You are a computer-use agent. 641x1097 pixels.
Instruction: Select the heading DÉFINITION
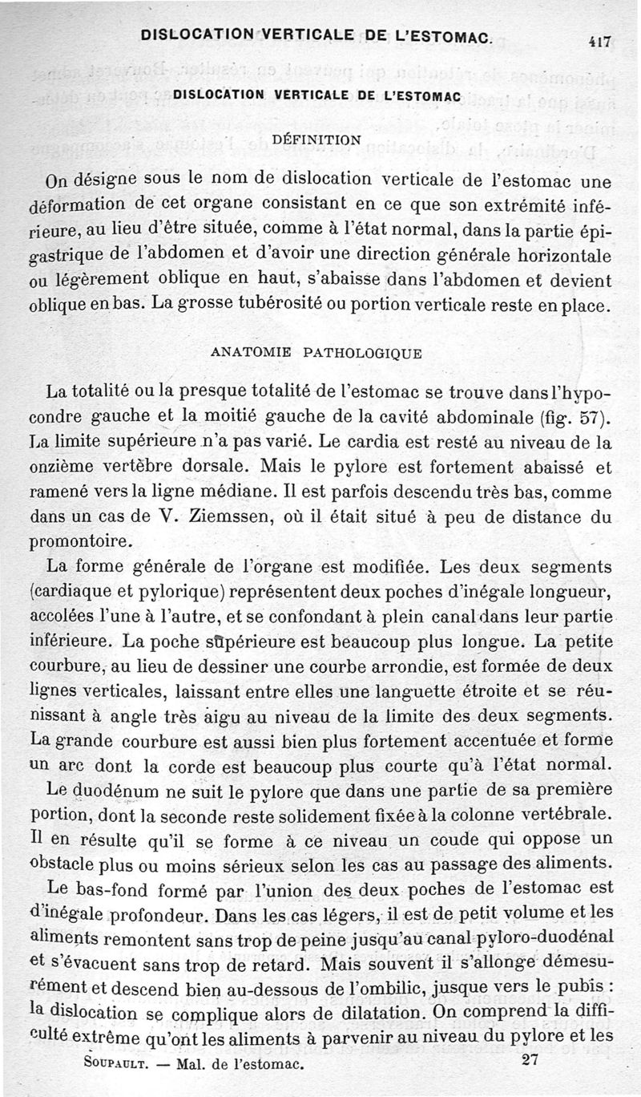coord(317,139)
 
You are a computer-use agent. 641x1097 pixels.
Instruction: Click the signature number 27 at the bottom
coord(529,1060)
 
